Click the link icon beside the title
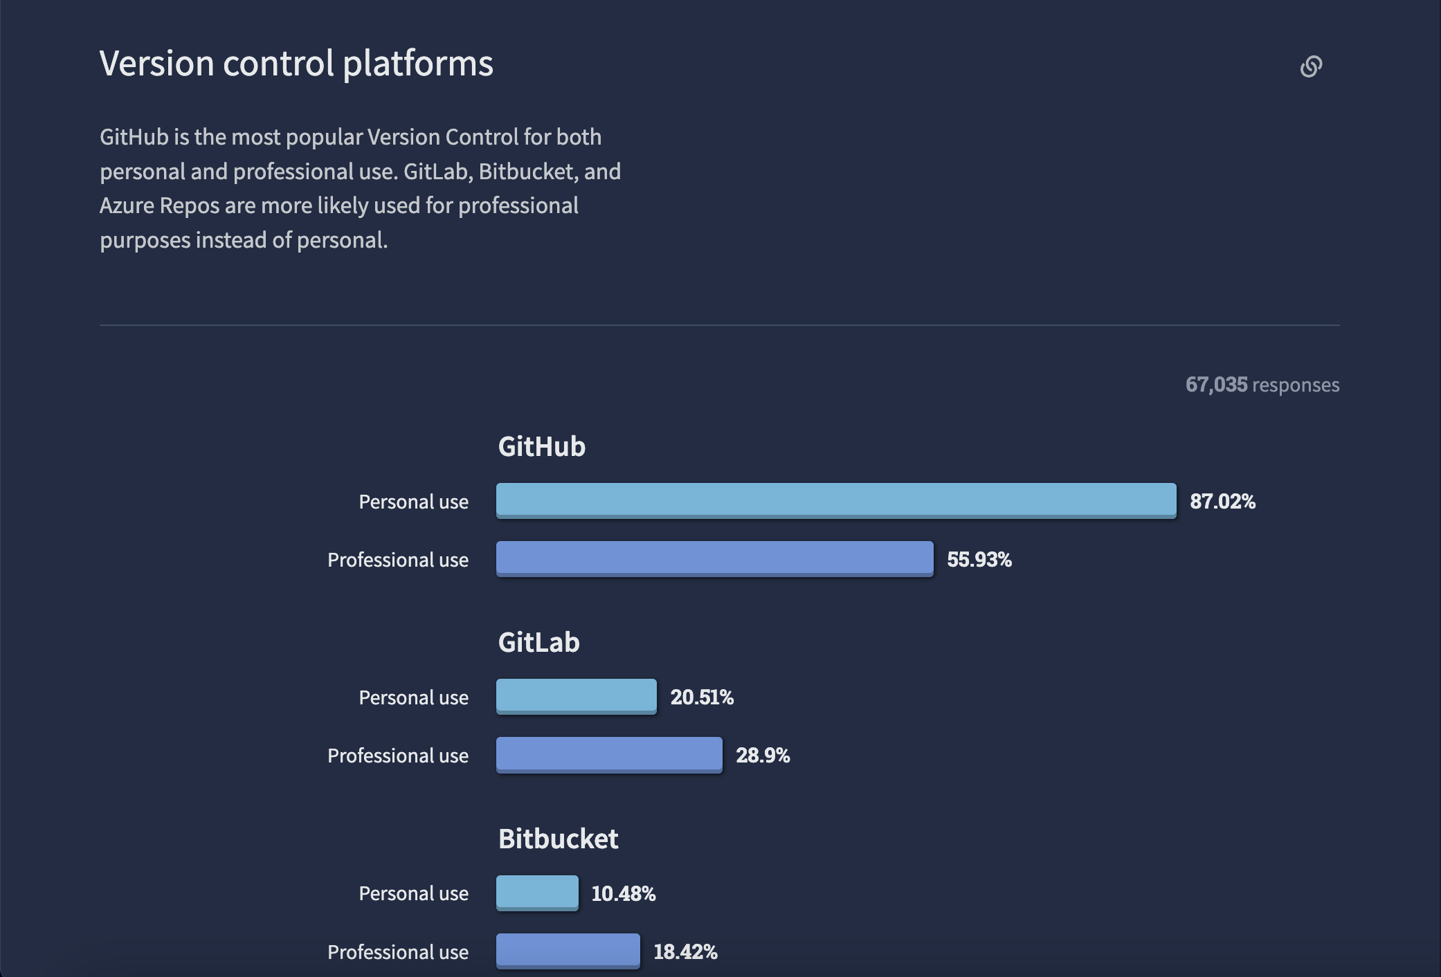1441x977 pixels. coord(1311,66)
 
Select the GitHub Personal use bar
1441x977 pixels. coord(835,500)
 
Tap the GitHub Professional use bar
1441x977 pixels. coord(714,558)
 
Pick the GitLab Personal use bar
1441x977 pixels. coord(576,696)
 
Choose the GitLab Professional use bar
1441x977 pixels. coord(609,754)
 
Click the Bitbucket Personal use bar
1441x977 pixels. coord(537,893)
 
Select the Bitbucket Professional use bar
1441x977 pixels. coord(568,951)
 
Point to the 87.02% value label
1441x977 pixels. coord(1222,501)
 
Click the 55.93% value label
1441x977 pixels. coord(979,559)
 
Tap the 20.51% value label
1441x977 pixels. coord(702,697)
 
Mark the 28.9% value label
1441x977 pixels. coord(763,755)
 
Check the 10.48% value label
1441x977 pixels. coord(623,893)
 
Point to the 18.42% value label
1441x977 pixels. coord(685,951)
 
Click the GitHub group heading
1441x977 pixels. coord(542,446)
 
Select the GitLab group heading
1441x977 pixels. coord(538,642)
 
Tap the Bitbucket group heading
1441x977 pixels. coord(558,839)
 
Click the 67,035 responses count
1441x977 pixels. coord(1262,385)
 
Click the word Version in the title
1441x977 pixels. coord(157,64)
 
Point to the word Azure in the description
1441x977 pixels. coord(127,206)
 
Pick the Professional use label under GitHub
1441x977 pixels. coord(397,560)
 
